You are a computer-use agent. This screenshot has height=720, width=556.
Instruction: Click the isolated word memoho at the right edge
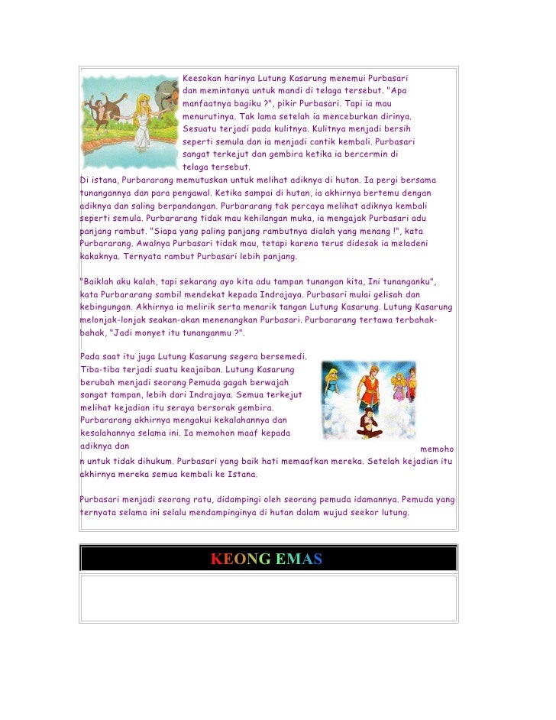(437, 449)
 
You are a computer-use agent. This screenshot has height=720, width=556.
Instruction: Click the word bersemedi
(282, 357)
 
